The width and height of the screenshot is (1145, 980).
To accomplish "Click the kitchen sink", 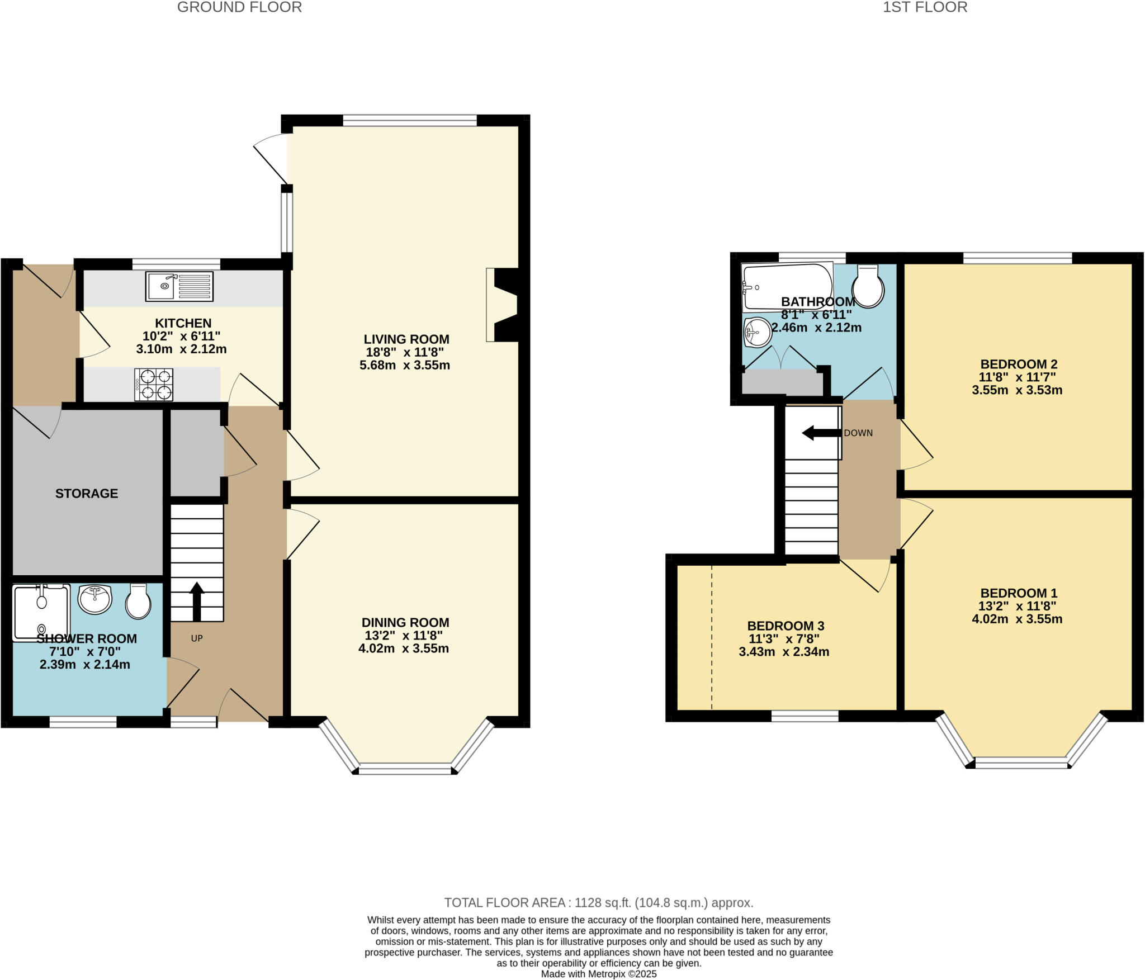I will [x=179, y=286].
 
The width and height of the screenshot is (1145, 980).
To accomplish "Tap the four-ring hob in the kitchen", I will [x=153, y=385].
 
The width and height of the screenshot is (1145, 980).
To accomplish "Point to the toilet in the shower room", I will [x=138, y=602].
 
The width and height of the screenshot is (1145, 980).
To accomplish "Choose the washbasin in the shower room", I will [x=94, y=599].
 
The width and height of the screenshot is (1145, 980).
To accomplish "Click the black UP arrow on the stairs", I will [x=196, y=602].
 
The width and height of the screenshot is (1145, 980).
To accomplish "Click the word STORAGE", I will [x=87, y=493].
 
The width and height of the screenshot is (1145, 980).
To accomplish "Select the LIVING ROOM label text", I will [x=406, y=339].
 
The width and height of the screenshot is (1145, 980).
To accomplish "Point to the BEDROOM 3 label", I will [x=786, y=626].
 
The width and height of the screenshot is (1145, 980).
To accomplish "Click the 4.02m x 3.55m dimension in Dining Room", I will [x=404, y=648].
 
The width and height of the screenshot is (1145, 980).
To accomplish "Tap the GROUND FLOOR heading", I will [x=239, y=7].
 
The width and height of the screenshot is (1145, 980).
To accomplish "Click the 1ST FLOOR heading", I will [x=925, y=7].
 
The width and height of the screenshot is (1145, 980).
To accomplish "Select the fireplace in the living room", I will [x=503, y=305].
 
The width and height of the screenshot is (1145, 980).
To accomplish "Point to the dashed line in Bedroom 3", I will [x=712, y=637].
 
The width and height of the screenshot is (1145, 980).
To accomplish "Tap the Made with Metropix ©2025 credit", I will [x=599, y=974].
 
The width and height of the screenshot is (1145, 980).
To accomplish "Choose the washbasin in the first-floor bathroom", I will [x=758, y=332].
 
